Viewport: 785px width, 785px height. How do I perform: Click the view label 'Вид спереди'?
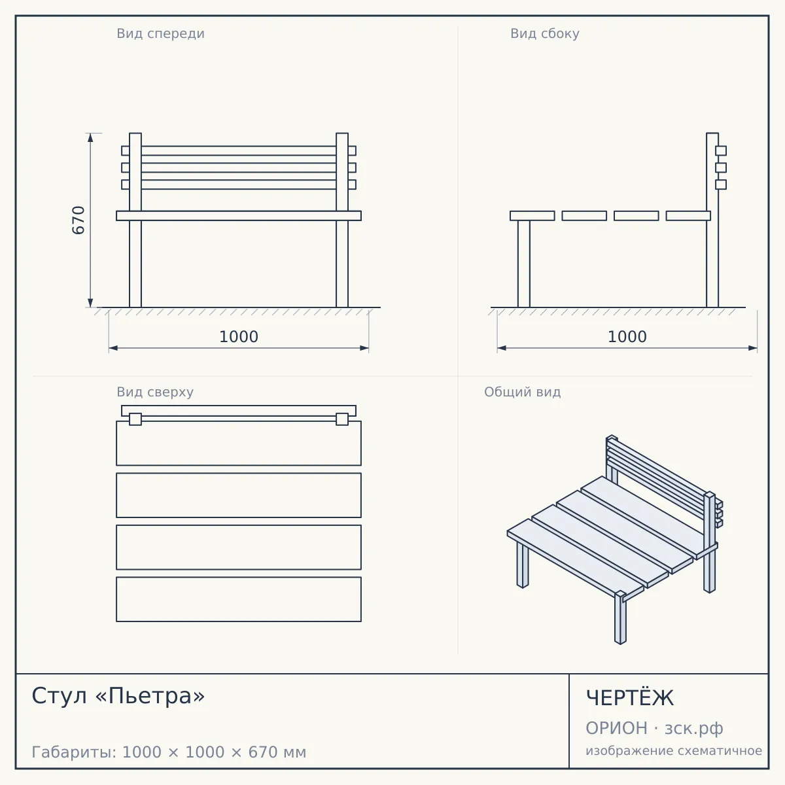point(160,33)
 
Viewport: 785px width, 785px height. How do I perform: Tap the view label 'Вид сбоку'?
point(545,33)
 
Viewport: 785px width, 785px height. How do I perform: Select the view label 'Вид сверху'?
point(155,392)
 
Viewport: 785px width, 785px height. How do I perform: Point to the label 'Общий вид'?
point(522,392)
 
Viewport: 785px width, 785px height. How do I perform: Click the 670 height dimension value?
point(78,220)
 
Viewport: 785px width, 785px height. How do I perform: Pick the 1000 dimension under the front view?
point(239,337)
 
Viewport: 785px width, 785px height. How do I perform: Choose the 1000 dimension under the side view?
point(627,337)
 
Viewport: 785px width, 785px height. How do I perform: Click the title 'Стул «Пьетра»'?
point(118,695)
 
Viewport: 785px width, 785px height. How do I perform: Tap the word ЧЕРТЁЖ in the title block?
point(630,698)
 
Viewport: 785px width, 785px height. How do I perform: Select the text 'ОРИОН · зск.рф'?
point(654,728)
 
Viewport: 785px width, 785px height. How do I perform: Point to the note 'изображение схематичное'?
point(674,750)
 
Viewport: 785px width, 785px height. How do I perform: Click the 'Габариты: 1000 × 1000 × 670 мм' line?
point(169,752)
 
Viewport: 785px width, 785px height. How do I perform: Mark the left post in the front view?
point(135,220)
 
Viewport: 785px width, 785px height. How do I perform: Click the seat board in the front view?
point(239,215)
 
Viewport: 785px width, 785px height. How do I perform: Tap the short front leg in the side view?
point(524,264)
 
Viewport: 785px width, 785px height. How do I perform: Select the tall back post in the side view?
point(712,220)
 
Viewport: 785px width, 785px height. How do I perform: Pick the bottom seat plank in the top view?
point(239,599)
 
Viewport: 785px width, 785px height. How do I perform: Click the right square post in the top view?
point(342,419)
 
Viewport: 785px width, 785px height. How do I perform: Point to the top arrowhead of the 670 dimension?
point(90,137)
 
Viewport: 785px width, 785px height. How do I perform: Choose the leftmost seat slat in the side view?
point(532,215)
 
